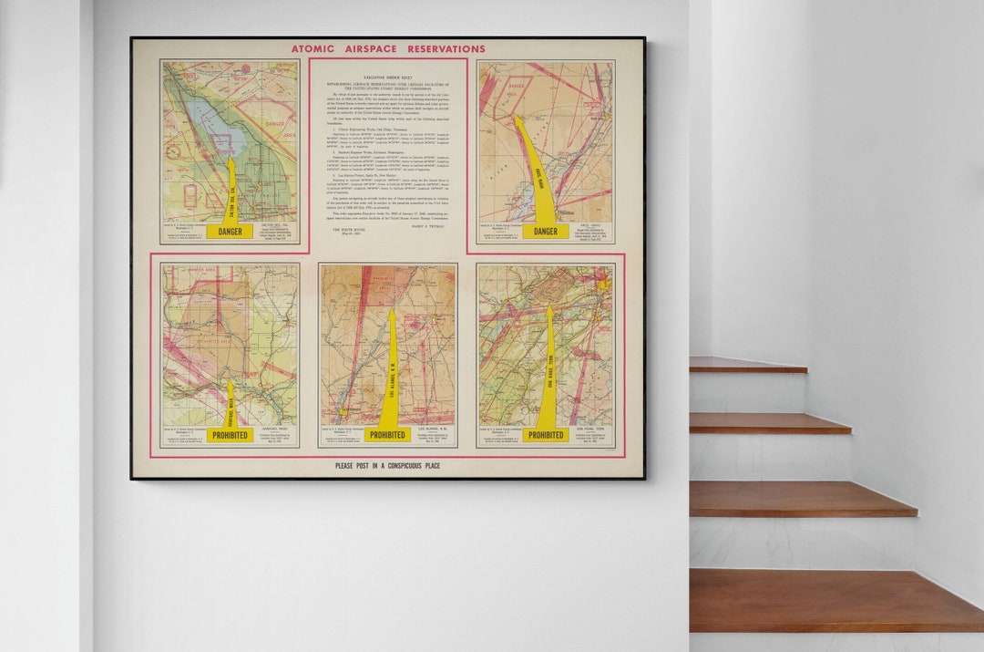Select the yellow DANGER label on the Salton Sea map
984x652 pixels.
coord(230,232)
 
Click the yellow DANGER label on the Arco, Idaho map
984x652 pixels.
coord(545,232)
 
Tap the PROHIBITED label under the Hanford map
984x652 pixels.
coord(230,435)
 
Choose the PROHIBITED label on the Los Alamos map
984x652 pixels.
coord(387,435)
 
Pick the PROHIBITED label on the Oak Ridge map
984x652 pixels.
coord(545,435)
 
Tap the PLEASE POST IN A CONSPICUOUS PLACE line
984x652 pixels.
coord(387,466)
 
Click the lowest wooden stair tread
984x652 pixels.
coord(834,601)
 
